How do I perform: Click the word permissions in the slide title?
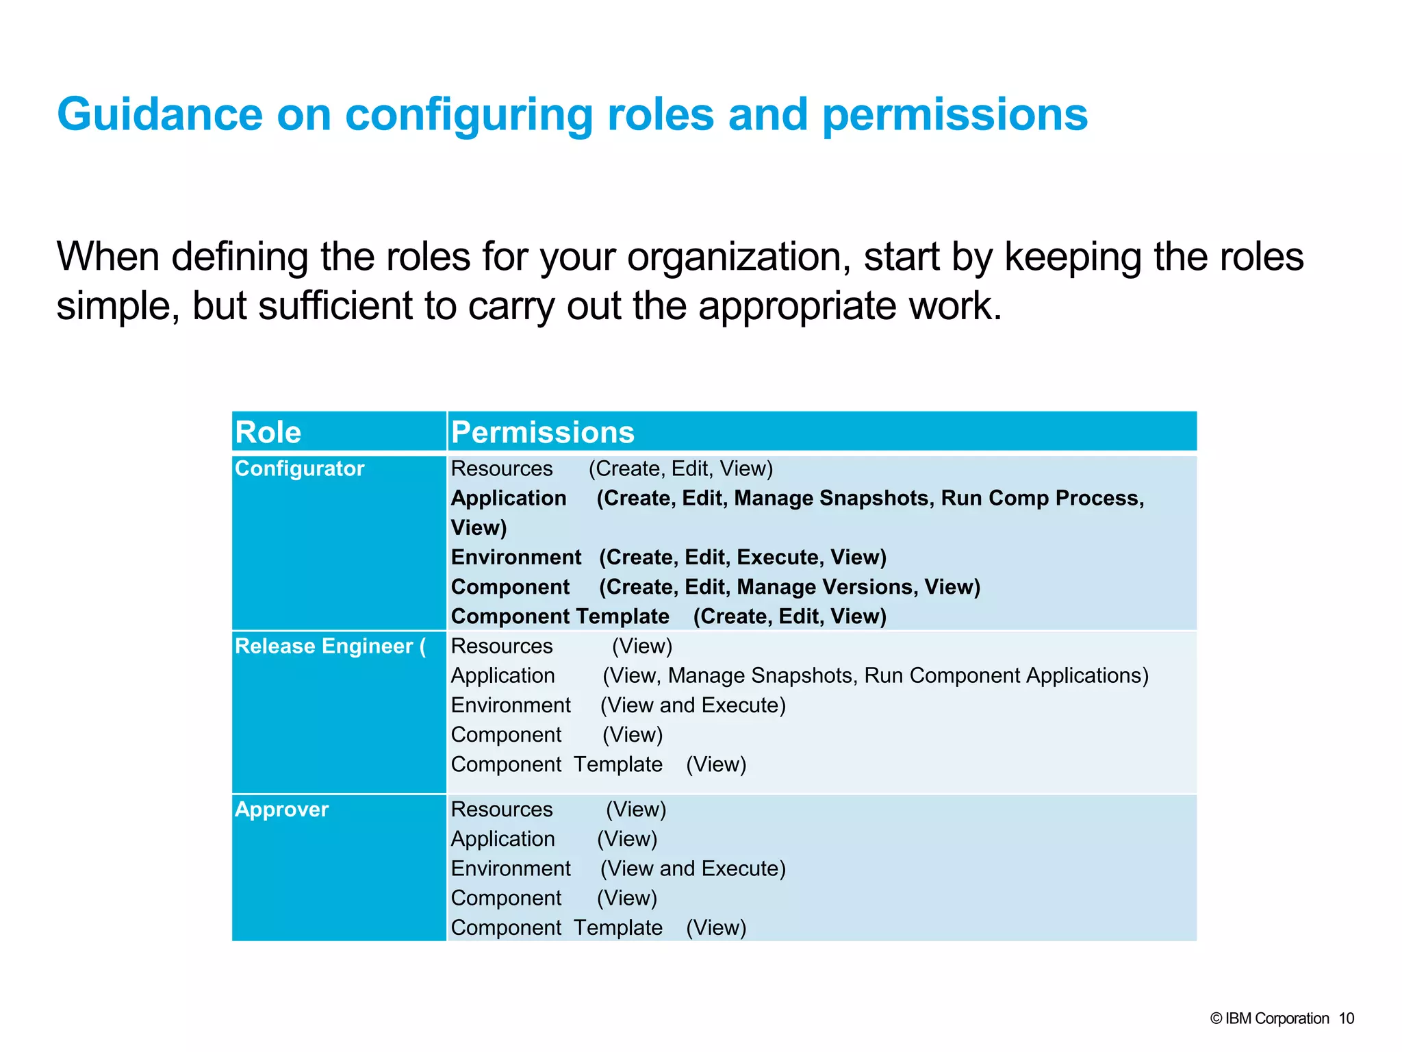pyautogui.click(x=954, y=115)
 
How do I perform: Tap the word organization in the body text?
pyautogui.click(x=739, y=258)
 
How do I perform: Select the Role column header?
pyautogui.click(x=268, y=432)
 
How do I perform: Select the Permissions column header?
pyautogui.click(x=543, y=432)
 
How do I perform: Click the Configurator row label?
pyautogui.click(x=299, y=468)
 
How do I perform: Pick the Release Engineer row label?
pyautogui.click(x=329, y=646)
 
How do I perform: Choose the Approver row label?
pyautogui.click(x=281, y=810)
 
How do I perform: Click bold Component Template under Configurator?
pyautogui.click(x=560, y=616)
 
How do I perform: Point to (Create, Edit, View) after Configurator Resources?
pyautogui.click(x=680, y=468)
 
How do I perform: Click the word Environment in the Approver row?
pyautogui.click(x=511, y=868)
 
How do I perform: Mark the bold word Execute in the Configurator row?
pyautogui.click(x=777, y=558)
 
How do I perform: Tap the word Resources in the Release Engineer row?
pyautogui.click(x=502, y=646)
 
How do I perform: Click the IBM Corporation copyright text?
pyautogui.click(x=1270, y=1018)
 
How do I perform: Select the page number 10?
pyautogui.click(x=1346, y=1018)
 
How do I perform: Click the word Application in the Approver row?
pyautogui.click(x=503, y=839)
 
